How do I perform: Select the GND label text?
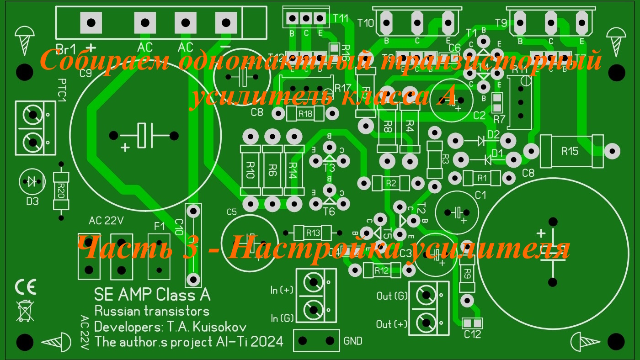point(353,341)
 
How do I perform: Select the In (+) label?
point(282,290)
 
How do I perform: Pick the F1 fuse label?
point(159,226)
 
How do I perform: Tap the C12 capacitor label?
point(472,334)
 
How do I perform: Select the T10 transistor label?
point(365,23)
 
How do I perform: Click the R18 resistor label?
point(305,114)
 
